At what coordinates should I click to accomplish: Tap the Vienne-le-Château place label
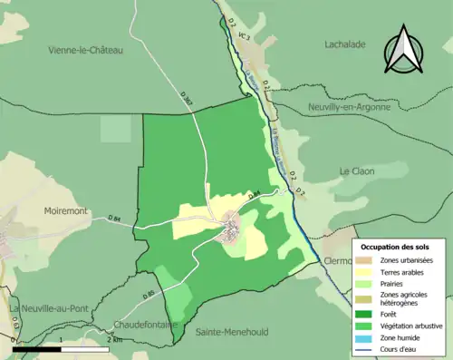tap(85, 51)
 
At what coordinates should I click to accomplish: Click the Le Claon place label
tap(357, 171)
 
